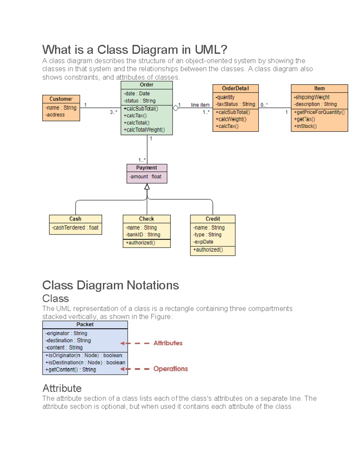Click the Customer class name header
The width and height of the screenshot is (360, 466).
point(61,99)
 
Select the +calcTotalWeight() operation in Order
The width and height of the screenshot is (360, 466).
point(144,130)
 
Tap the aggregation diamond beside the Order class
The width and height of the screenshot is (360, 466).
point(176,108)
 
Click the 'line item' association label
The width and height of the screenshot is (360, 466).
point(200,105)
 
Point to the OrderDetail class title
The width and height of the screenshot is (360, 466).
point(235,89)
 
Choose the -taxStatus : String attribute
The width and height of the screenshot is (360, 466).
point(235,104)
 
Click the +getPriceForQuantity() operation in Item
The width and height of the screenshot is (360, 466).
point(319,112)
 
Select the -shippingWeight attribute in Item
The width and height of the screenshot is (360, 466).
point(312,97)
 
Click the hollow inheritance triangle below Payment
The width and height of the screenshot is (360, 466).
point(147,187)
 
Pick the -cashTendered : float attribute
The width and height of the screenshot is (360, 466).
point(75,228)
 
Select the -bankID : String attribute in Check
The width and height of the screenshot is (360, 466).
point(143,235)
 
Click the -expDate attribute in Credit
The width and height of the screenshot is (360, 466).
point(203,242)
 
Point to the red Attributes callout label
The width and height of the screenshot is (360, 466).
point(168,343)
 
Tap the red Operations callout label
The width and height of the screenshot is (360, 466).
point(170,369)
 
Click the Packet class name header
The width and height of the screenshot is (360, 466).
point(85,325)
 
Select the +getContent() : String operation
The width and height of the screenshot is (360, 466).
point(70,370)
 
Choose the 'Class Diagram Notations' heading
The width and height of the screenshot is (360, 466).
point(110,285)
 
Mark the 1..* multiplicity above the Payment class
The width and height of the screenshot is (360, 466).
point(142,160)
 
